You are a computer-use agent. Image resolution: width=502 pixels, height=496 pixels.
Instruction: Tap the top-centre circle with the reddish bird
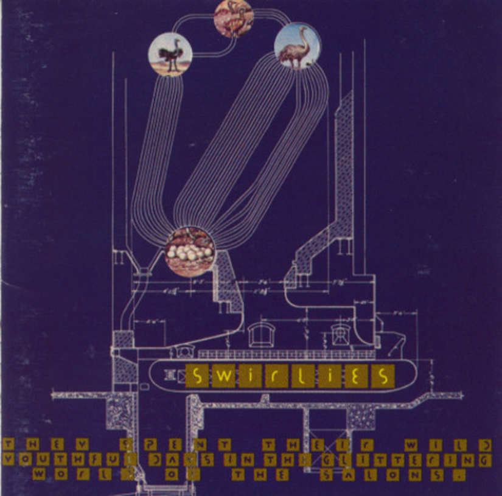(233, 19)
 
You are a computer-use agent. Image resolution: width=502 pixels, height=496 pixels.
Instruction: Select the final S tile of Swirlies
(382, 375)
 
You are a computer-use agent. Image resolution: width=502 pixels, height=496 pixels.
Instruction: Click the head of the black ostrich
(177, 43)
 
